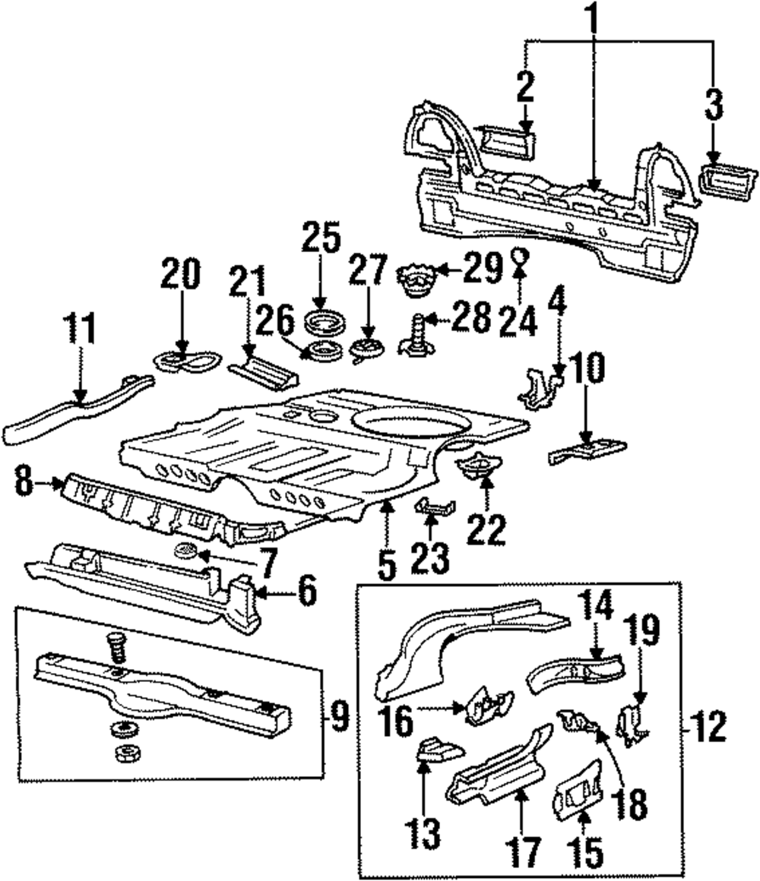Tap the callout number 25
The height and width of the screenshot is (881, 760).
point(321,238)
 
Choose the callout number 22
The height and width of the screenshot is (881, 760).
point(486,528)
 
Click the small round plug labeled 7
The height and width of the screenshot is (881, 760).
point(184,551)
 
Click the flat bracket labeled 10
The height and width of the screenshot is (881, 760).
point(586,449)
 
